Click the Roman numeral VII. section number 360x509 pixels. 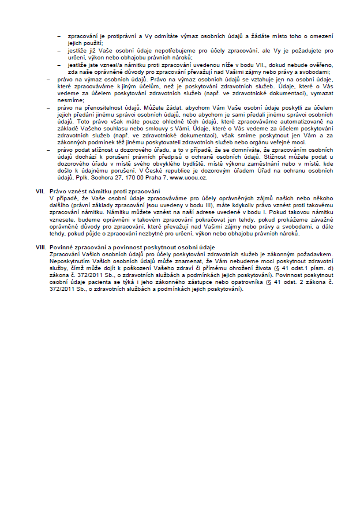pyautogui.click(x=40, y=191)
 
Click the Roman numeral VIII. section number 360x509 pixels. pyautogui.click(x=41, y=247)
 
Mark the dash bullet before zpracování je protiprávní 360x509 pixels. pyautogui.click(x=60, y=36)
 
